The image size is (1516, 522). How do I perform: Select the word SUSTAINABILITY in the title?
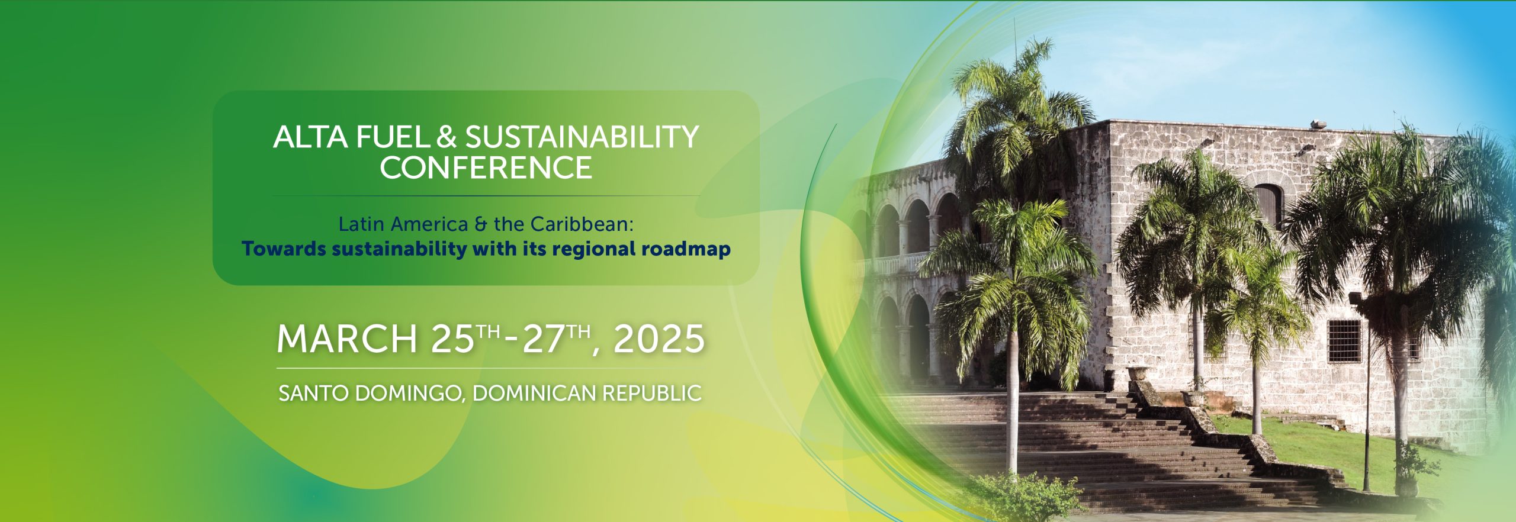(x=582, y=137)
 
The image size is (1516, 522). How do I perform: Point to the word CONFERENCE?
(x=486, y=167)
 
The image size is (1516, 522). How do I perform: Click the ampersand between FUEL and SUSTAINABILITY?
(x=447, y=137)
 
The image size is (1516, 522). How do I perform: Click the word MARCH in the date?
(x=347, y=339)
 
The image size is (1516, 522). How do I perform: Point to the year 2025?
(x=659, y=339)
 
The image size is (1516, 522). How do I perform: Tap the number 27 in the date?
(x=543, y=339)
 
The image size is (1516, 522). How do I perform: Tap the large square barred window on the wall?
(x=1344, y=341)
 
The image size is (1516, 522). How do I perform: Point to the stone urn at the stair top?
(x=1138, y=373)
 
